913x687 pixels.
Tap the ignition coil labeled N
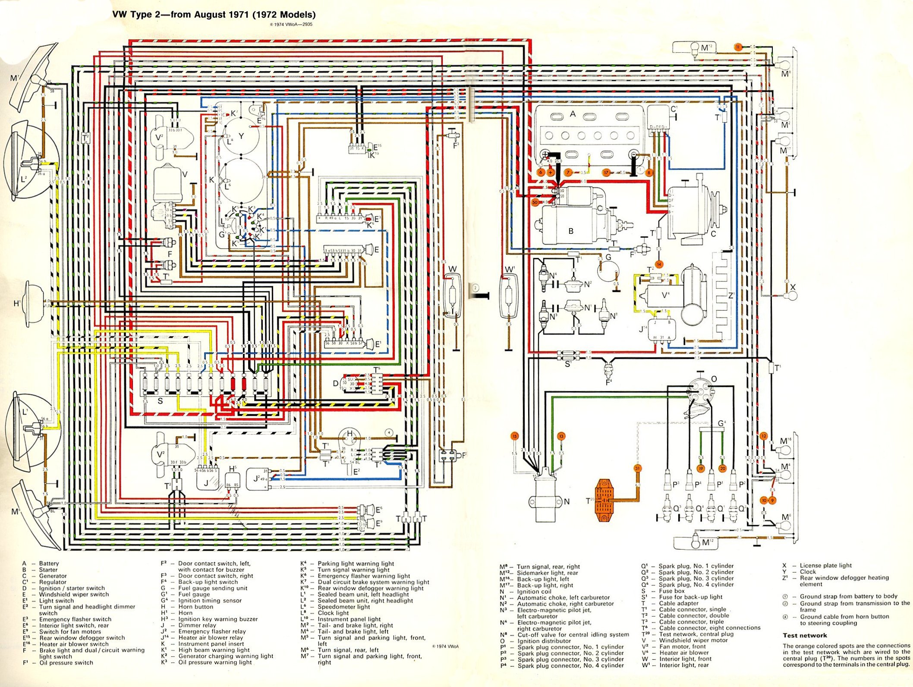pyautogui.click(x=544, y=501)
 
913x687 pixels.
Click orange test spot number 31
pyautogui.click(x=637, y=469)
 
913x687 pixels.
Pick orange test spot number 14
pyautogui.click(x=659, y=264)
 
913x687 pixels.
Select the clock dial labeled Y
pyautogui.click(x=241, y=136)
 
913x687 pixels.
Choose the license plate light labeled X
pyautogui.click(x=792, y=296)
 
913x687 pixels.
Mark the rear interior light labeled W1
pyautogui.click(x=510, y=298)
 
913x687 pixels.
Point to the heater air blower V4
pyautogui.click(x=673, y=298)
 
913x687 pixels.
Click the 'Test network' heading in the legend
pyautogui.click(x=805, y=635)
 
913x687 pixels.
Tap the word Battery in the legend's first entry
pyautogui.click(x=49, y=563)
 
